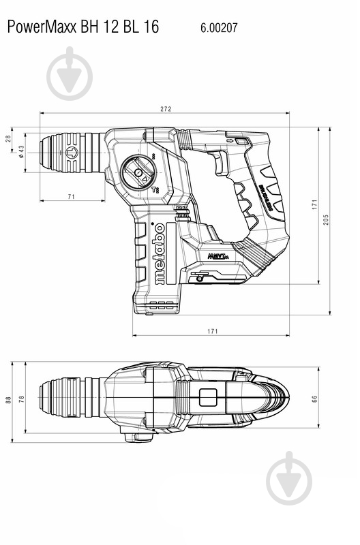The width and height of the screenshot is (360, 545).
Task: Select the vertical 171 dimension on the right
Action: pos(315,204)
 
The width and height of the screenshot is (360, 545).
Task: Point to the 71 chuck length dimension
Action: pos(72,196)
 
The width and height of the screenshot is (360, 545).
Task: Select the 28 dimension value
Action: pos(10,139)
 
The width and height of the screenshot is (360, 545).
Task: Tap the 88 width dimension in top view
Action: pos(10,401)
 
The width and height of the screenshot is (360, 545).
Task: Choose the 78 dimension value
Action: pos(22,401)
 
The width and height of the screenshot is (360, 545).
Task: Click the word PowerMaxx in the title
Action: pos(40,27)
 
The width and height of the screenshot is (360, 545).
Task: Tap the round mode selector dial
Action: pos(138,173)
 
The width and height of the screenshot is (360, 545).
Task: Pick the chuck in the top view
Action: pos(70,398)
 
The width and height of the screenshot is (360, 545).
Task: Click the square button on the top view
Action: pos(208,398)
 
